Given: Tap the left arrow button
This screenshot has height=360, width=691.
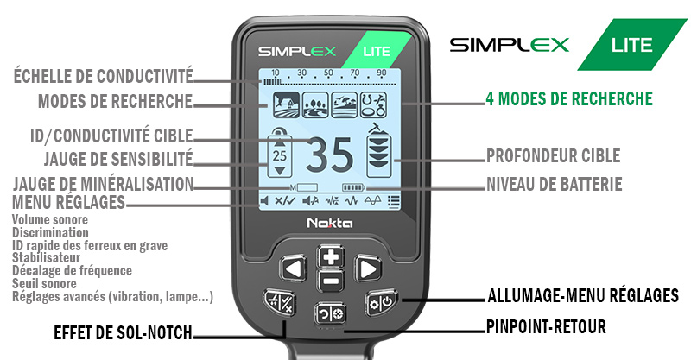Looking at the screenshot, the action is (293, 268).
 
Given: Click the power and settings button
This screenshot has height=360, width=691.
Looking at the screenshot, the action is (381, 302).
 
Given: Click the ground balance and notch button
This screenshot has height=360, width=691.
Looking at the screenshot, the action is (280, 302).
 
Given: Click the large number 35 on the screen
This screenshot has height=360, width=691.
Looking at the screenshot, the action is (330, 155).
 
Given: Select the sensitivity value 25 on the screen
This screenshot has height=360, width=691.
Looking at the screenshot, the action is (279, 156).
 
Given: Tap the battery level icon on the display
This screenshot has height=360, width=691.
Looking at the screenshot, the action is (353, 187).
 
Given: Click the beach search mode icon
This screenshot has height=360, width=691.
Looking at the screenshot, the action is (344, 104).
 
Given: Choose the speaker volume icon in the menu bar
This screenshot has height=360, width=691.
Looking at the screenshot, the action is (264, 201).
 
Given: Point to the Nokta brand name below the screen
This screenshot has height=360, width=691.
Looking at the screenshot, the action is (330, 223).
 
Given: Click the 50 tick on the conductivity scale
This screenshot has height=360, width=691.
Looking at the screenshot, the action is (328, 73).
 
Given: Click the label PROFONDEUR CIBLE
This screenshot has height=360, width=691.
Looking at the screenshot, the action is (553, 155).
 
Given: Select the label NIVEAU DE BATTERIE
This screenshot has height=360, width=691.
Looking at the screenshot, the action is (554, 184).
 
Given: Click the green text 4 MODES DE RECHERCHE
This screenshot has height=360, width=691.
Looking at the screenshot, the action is (569, 98).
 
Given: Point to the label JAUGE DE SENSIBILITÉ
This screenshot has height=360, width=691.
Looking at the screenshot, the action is (118, 159).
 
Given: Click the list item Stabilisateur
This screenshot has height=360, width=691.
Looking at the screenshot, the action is (46, 258).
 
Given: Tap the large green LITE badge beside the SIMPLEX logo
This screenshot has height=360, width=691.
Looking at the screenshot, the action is (632, 45).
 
